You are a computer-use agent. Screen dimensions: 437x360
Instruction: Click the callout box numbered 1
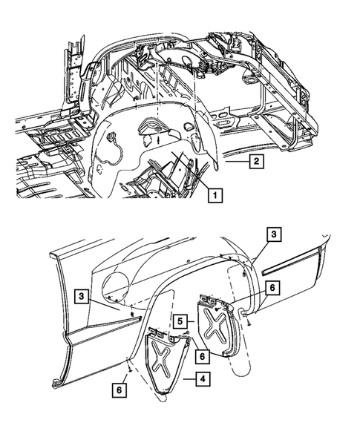click(215, 196)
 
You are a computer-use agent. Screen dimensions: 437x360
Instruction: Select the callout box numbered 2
click(254, 160)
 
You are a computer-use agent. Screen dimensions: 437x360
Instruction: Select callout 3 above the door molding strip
click(274, 234)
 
